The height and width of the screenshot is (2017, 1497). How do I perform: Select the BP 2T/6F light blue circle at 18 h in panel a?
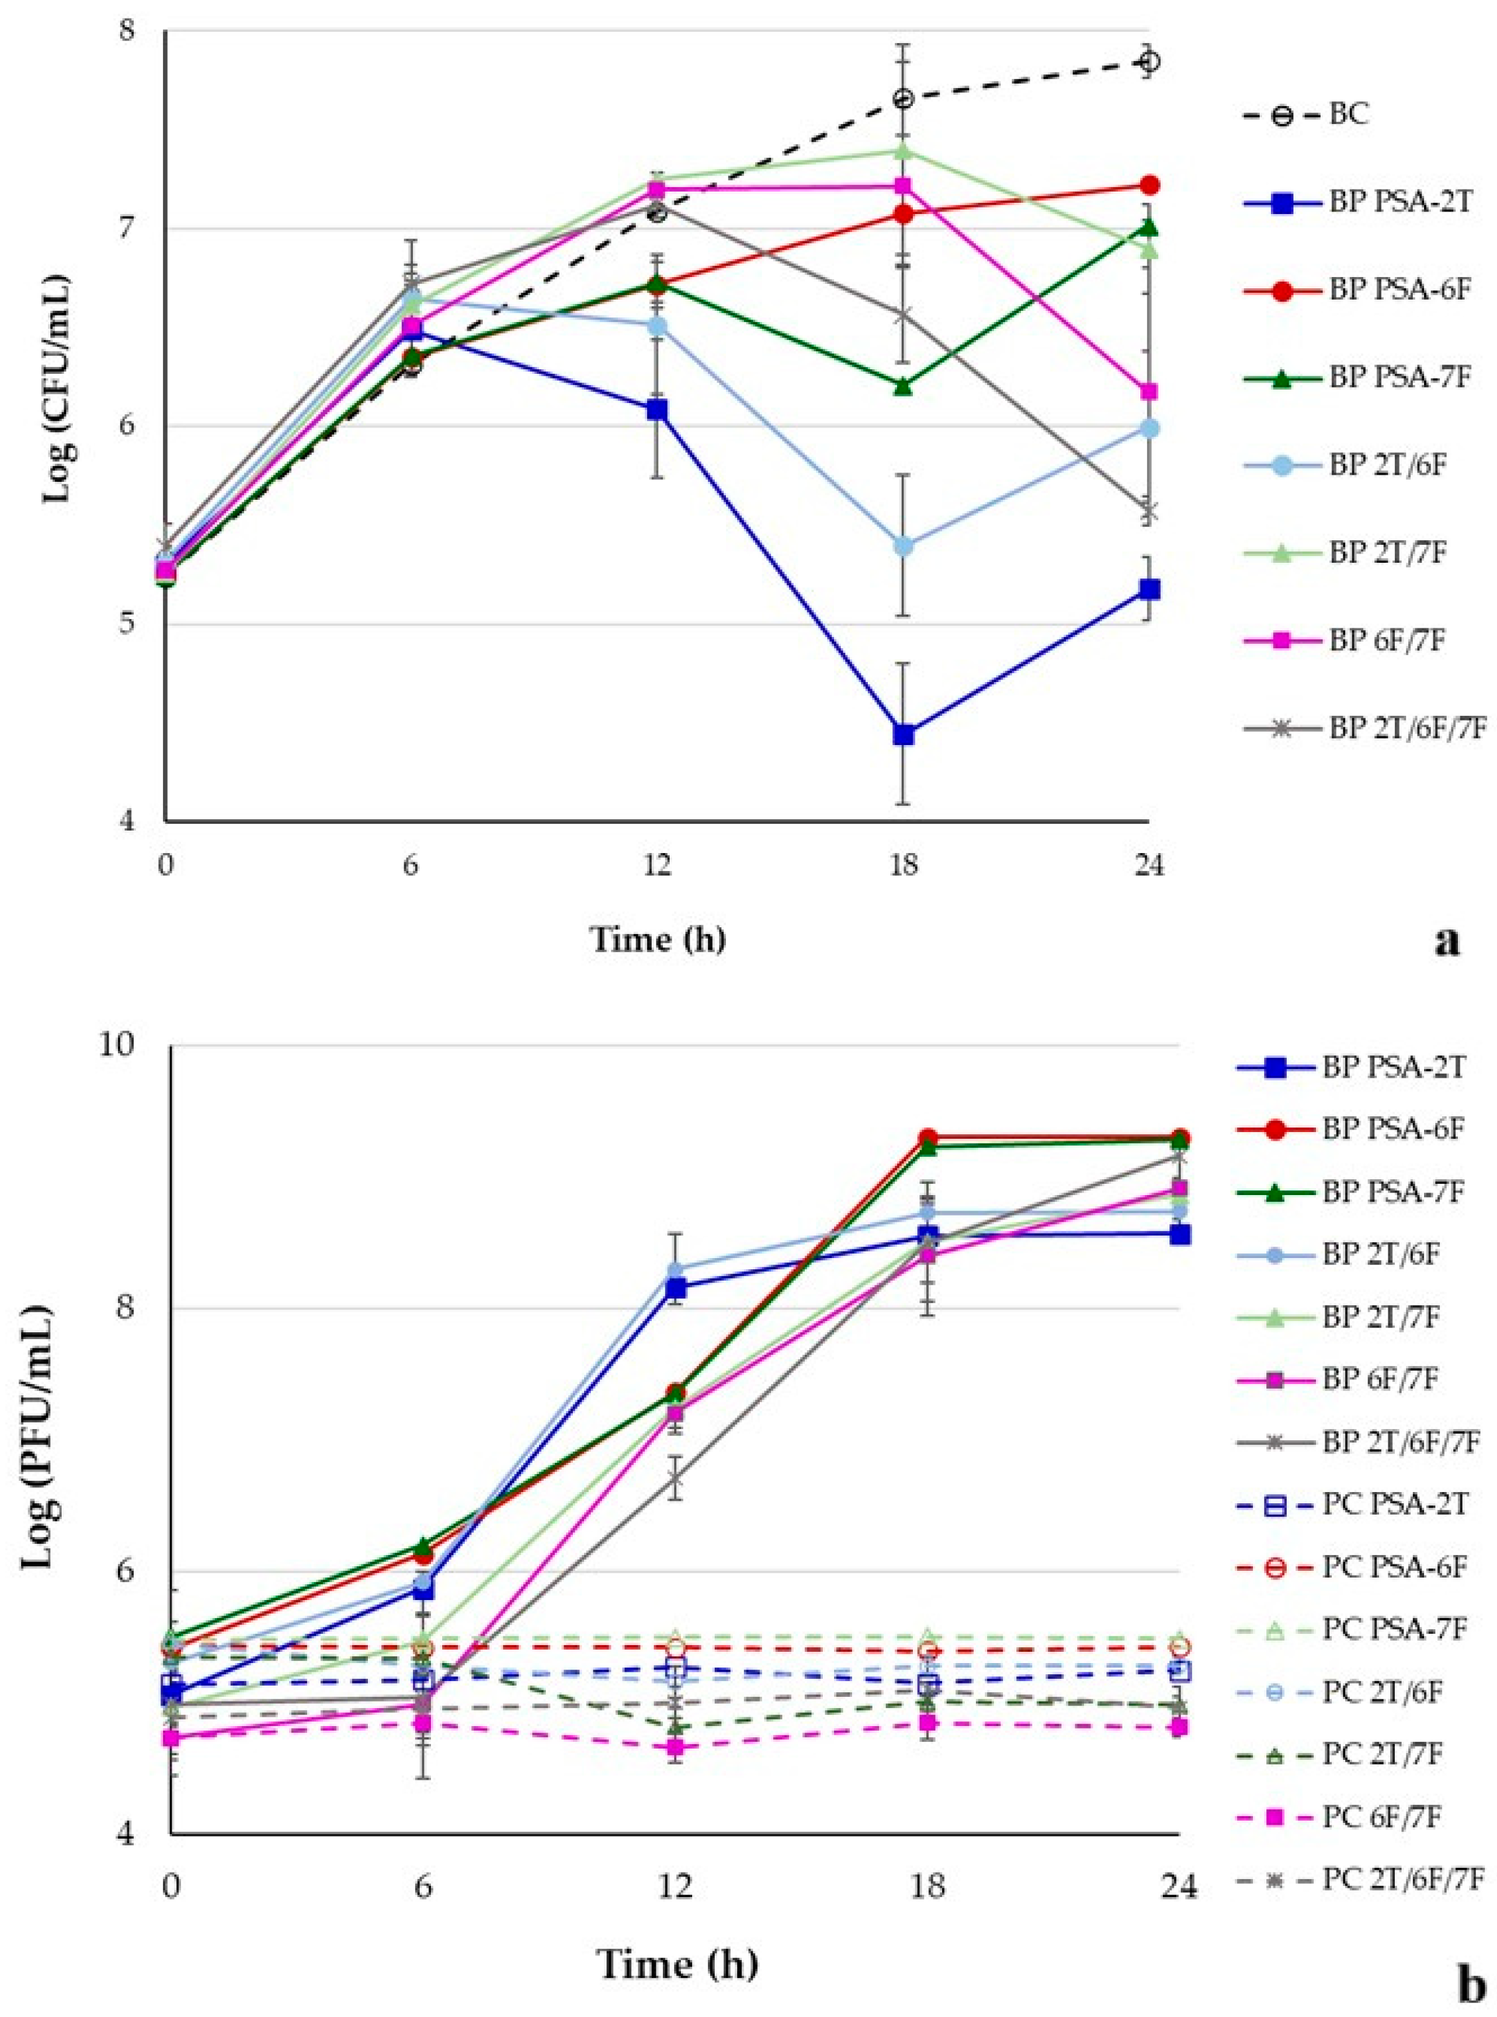point(904,546)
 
